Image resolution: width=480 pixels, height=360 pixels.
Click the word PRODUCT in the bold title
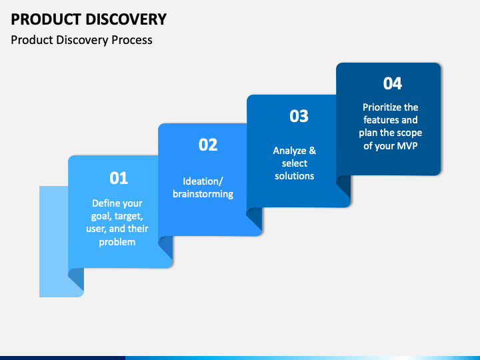coord(46,19)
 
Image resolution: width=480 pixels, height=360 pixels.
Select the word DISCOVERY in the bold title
coord(126,19)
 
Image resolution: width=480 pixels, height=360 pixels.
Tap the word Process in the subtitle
coord(131,40)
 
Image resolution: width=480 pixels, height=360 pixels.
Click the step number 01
coord(119,178)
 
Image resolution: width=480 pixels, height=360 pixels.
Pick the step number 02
coord(208,145)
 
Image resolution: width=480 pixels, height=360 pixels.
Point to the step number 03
coord(299,116)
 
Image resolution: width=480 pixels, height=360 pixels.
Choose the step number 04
coord(393,83)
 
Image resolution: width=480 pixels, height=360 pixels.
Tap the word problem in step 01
coord(117,242)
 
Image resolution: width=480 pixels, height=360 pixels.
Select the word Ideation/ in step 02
coord(203,181)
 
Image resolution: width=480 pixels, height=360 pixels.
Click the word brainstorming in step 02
coord(203,194)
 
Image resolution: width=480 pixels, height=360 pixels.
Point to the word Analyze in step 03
coord(289,151)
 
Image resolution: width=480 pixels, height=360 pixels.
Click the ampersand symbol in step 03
coord(312,150)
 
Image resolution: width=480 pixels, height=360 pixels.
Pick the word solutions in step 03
coord(295,176)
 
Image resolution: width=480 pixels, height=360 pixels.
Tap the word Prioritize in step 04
coord(382,107)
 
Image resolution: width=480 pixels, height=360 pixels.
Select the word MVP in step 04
coord(407,146)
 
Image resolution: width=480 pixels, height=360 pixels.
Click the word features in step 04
coord(381,120)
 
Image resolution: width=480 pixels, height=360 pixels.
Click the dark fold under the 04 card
coord(344,187)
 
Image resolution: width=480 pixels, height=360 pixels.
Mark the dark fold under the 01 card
coord(76,279)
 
